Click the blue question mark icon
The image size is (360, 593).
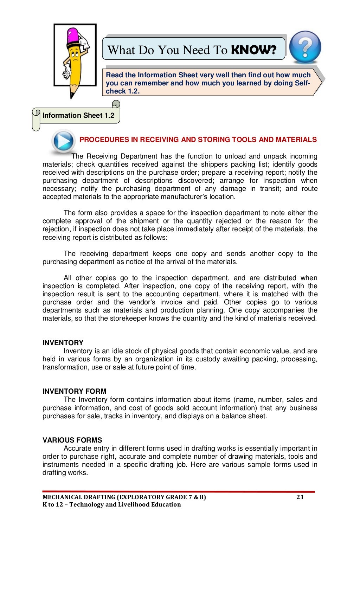(305, 47)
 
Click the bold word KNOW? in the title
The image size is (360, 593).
(253, 50)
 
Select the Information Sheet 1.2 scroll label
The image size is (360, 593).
(78, 115)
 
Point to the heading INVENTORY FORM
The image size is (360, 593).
(74, 391)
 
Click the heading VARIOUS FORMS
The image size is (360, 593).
(72, 440)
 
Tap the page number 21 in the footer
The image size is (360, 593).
(300, 497)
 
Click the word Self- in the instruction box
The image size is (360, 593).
(303, 83)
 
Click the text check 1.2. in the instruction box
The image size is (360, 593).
(123, 91)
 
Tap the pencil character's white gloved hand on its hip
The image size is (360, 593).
(66, 75)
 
